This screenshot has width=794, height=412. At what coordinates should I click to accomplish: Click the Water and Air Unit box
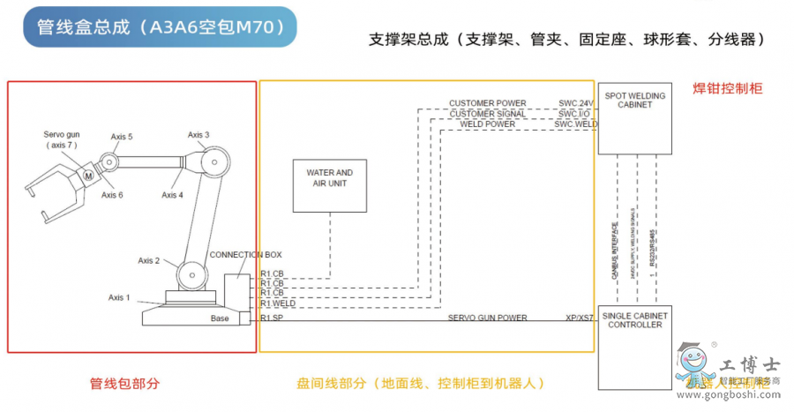330,187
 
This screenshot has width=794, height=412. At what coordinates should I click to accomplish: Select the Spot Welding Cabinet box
634,118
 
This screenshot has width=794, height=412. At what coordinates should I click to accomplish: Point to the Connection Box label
245,254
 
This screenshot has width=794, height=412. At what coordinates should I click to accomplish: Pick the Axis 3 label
198,135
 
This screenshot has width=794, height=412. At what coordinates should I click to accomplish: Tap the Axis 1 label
119,297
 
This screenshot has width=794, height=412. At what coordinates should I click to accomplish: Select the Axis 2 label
149,260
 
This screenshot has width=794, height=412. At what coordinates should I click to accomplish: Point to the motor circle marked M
88,176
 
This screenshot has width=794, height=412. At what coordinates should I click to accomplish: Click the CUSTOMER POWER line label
487,104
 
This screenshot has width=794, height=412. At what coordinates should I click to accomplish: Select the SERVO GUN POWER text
487,318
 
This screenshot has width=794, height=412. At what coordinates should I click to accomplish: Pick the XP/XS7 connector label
579,318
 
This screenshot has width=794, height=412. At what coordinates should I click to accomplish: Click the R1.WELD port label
278,303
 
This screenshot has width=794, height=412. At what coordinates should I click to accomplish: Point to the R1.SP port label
272,318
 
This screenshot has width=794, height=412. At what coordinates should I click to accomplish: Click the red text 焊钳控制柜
727,88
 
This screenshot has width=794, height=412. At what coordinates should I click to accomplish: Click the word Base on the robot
220,318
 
